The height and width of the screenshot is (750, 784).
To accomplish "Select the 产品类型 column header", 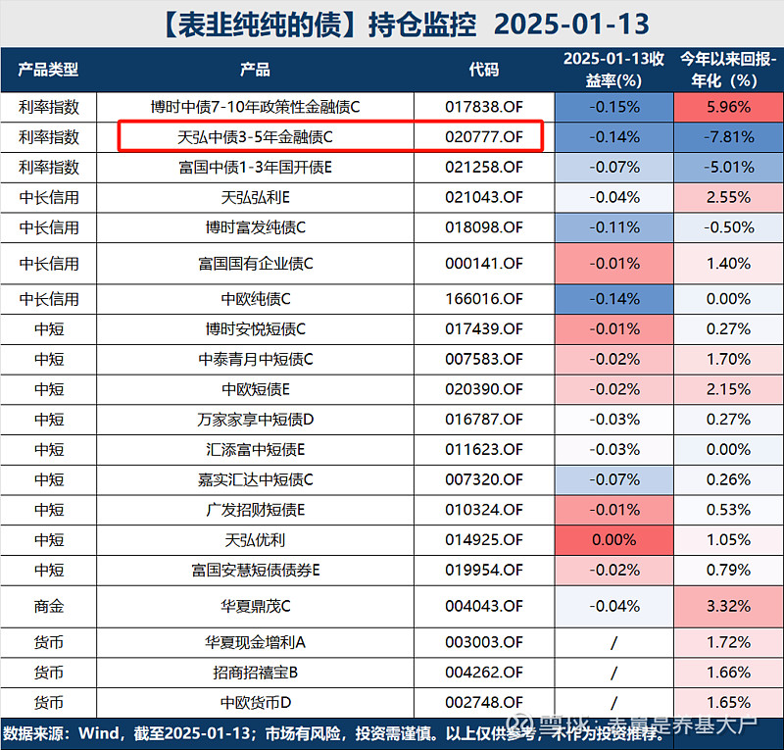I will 49,70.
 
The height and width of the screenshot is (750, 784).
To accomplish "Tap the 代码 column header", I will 484,70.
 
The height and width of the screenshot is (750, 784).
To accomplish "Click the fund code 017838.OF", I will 484,106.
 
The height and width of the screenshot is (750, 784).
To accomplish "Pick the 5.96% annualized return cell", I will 728,106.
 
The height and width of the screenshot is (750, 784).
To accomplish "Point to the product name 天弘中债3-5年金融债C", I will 256,136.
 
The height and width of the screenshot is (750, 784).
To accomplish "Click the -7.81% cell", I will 728,136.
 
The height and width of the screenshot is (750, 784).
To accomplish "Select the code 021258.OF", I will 484,168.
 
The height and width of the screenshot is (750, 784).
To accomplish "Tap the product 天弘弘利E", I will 256,197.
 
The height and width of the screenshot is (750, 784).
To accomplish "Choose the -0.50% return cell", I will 728,227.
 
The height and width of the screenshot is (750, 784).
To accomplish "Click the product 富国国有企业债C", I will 256,263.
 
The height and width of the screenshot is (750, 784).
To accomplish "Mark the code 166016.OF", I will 484,299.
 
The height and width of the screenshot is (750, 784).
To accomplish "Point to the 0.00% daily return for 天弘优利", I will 613,539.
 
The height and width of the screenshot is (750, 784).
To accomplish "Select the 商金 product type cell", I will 49,606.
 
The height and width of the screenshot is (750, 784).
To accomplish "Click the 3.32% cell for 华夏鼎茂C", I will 728,606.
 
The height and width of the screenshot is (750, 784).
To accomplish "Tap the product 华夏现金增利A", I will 256,642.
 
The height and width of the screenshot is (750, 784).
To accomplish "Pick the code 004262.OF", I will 484,673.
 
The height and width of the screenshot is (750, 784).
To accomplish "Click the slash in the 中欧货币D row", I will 613,703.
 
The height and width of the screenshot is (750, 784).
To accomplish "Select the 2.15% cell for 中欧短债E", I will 728,389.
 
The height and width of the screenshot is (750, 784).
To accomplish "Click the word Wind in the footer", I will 102,732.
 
